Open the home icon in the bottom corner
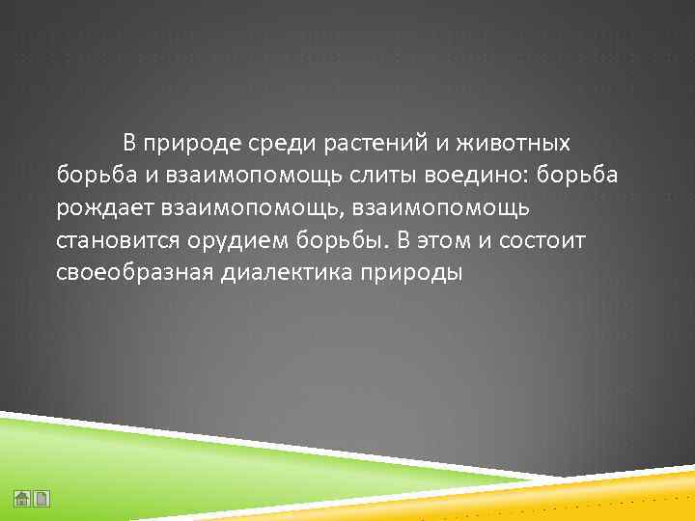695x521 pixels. (22, 499)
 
